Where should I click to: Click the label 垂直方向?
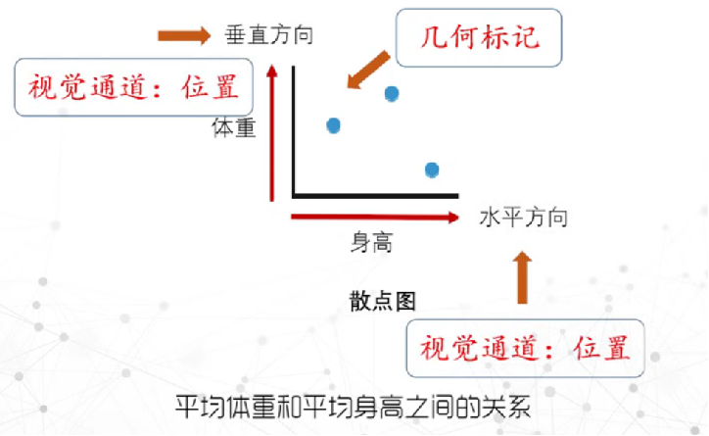pos(269,37)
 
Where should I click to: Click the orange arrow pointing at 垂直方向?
pos(183,36)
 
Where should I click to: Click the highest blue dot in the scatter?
pos(392,94)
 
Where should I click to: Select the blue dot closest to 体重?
pos(333,125)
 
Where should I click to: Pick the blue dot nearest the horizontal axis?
pos(432,170)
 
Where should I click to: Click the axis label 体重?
pos(234,128)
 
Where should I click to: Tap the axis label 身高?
pos(372,242)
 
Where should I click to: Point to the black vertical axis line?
pos(294,127)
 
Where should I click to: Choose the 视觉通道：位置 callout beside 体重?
pos(133,87)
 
